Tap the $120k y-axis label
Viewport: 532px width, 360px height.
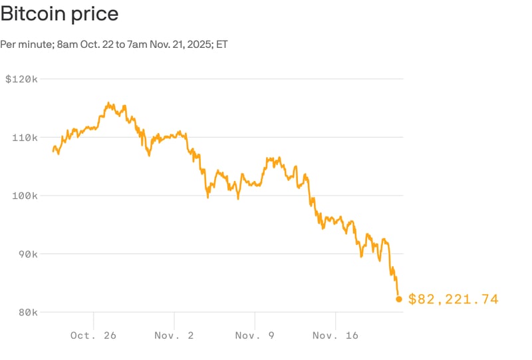(x=21, y=79)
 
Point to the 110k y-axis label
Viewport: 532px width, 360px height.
(x=24, y=138)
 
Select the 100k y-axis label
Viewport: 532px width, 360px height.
(x=24, y=196)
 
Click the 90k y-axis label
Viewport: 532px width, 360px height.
(x=27, y=254)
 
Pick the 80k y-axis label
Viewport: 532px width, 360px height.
(x=27, y=312)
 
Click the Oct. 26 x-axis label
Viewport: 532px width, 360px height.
(x=93, y=335)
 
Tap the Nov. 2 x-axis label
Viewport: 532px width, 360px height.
(x=174, y=335)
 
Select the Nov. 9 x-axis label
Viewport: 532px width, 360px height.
(x=255, y=335)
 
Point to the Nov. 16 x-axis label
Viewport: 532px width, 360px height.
(x=336, y=335)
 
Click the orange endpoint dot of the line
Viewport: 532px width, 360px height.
(x=399, y=299)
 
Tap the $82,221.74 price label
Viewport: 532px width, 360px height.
(x=453, y=299)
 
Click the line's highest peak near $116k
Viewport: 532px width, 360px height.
(x=108, y=103)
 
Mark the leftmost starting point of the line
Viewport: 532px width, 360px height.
(x=53, y=151)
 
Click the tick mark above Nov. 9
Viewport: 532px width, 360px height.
(x=255, y=319)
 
